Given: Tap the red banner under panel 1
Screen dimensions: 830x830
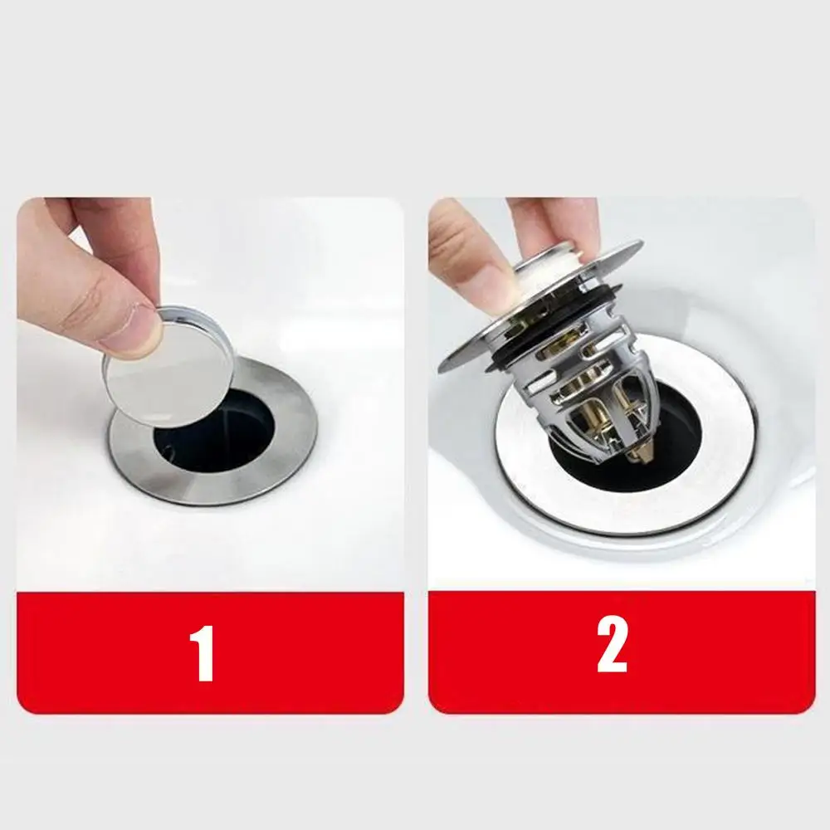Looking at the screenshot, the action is pos(210,652).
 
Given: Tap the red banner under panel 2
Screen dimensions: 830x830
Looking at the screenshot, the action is pos(622,652).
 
